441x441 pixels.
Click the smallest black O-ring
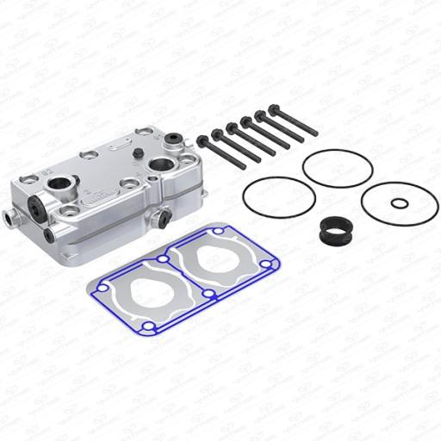pos(401,204)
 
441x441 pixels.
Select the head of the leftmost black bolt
pos(202,139)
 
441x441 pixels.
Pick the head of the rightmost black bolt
pos(273,109)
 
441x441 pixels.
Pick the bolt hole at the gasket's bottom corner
pos(149,327)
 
